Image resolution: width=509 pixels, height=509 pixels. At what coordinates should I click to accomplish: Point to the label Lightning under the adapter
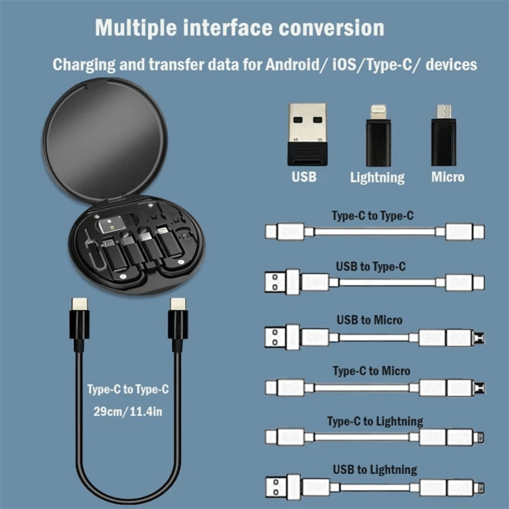click(x=377, y=178)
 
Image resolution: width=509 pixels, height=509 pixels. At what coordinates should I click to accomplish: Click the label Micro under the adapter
click(x=447, y=177)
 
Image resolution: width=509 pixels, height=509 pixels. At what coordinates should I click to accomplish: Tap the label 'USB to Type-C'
click(x=370, y=267)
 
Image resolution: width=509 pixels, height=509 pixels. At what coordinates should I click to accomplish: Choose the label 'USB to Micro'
click(x=369, y=320)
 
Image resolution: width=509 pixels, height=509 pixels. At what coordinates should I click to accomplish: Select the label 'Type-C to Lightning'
click(x=375, y=421)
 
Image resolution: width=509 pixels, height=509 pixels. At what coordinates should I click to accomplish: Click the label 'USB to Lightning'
click(x=375, y=470)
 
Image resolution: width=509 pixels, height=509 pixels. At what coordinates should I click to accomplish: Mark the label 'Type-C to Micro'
click(x=371, y=371)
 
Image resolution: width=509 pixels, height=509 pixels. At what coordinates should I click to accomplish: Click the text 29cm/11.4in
click(x=128, y=411)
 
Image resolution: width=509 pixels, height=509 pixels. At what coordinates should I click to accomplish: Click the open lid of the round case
click(x=105, y=137)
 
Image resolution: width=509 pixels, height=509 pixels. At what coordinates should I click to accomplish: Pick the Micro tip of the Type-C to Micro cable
click(x=480, y=388)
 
